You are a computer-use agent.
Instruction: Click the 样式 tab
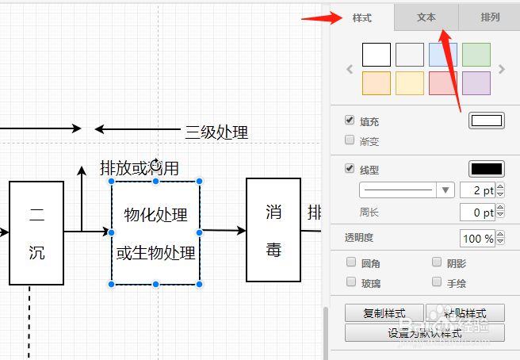(x=361, y=17)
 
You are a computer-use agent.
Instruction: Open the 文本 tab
(x=426, y=17)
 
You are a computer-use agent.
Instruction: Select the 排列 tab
(x=490, y=17)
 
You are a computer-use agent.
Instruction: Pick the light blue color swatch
(x=443, y=54)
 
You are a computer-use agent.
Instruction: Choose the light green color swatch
(x=476, y=54)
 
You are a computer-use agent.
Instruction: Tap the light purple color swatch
(x=476, y=83)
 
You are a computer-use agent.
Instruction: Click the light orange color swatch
(x=377, y=83)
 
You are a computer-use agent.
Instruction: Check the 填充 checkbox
(x=350, y=121)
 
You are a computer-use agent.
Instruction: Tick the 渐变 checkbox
(x=350, y=140)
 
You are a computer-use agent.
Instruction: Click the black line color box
(x=487, y=169)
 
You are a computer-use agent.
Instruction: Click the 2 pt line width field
(x=476, y=190)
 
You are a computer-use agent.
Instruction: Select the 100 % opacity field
(x=476, y=239)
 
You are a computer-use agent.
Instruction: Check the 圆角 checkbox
(x=351, y=262)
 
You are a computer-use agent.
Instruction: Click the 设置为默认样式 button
(x=425, y=333)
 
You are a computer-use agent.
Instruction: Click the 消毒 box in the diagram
(x=273, y=230)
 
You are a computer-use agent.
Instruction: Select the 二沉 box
(x=36, y=232)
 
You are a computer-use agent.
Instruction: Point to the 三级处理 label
(x=216, y=132)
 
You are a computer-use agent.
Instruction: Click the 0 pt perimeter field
(x=476, y=213)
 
